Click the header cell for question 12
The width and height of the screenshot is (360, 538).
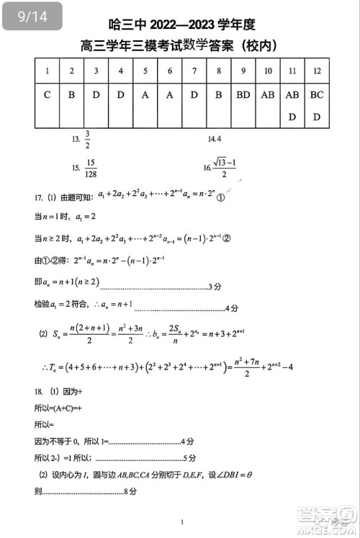317,71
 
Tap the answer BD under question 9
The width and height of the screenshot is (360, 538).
243,94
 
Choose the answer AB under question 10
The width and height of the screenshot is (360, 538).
268,94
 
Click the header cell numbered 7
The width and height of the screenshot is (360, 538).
194,71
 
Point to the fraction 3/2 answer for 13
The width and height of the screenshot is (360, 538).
87,140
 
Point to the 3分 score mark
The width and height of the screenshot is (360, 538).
215,287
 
